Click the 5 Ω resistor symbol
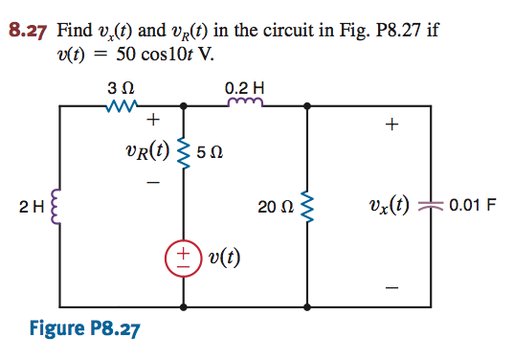(x=184, y=149)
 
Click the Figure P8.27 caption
(x=84, y=329)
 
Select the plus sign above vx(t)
(x=390, y=124)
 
